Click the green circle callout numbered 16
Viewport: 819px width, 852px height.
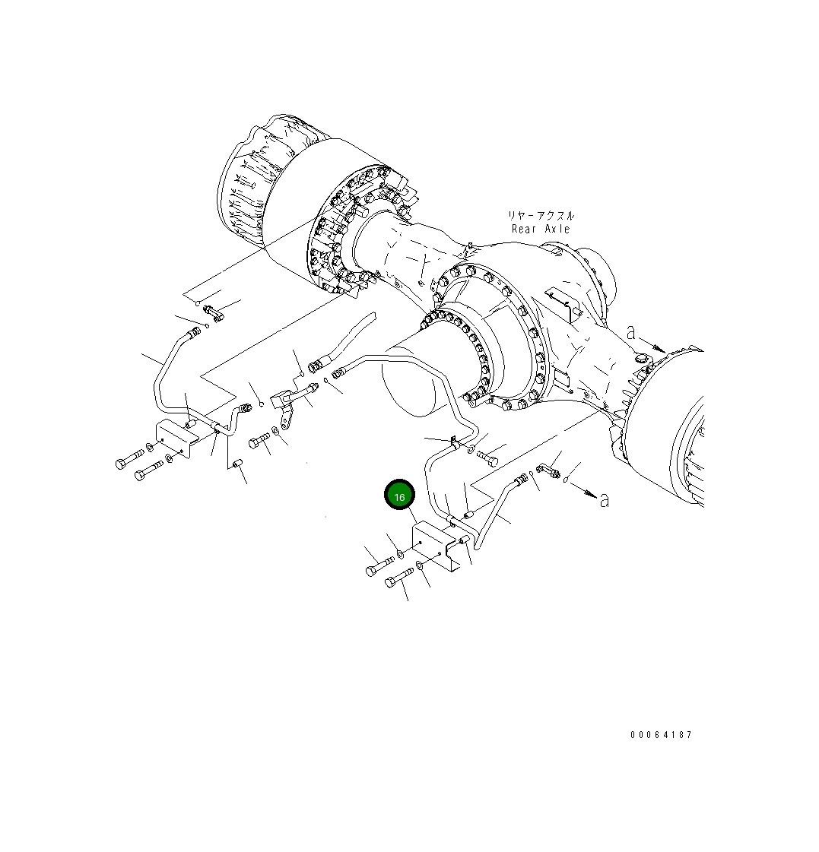pyautogui.click(x=399, y=496)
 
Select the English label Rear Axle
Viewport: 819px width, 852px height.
pyautogui.click(x=540, y=229)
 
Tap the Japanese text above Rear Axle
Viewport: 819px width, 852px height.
pyautogui.click(x=541, y=216)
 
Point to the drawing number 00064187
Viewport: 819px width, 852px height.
pyautogui.click(x=661, y=735)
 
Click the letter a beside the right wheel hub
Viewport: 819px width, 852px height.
pyautogui.click(x=630, y=333)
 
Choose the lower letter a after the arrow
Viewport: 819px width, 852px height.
pyautogui.click(x=605, y=500)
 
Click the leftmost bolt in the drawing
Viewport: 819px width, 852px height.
pyautogui.click(x=129, y=459)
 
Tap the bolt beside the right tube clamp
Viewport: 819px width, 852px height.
pyautogui.click(x=487, y=457)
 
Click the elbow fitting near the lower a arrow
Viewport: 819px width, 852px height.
pyautogui.click(x=548, y=471)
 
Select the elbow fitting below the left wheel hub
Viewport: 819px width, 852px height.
pyautogui.click(x=212, y=312)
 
